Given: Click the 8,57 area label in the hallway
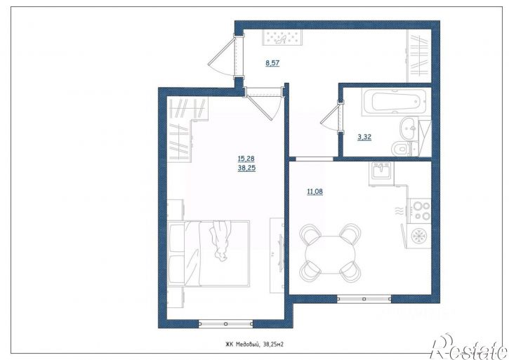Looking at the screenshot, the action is click(272, 63).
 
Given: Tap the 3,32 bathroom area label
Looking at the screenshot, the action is click(364, 137).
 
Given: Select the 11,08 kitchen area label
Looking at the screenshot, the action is click(315, 192).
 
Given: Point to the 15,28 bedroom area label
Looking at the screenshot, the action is click(246, 159).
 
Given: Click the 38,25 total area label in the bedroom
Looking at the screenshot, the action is click(246, 168).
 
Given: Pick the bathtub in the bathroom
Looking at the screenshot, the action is click(394, 102).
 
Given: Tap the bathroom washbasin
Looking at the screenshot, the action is click(409, 128).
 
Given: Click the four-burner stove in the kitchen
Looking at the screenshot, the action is click(420, 211).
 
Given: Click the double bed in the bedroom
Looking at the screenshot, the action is click(209, 253).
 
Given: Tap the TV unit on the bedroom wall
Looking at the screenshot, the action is click(277, 253).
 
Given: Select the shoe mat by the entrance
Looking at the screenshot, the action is click(283, 37).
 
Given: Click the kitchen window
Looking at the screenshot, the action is click(364, 299).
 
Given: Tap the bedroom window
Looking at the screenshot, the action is click(225, 324).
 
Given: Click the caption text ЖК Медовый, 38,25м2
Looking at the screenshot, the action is click(254, 345).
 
